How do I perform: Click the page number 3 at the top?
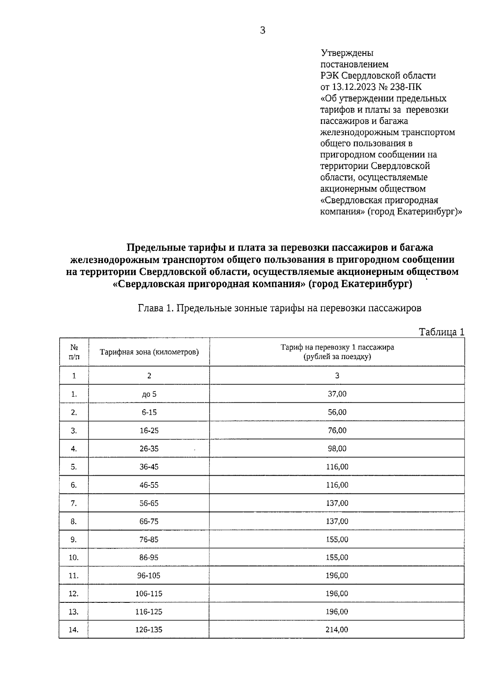tap(262, 30)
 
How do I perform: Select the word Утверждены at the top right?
tap(347, 53)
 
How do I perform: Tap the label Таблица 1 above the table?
tap(441, 332)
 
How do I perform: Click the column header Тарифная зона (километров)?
tap(149, 352)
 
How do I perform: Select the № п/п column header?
tap(74, 352)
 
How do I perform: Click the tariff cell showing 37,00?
tap(337, 393)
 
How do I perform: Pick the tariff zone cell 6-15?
tap(149, 412)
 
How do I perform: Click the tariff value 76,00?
tap(337, 430)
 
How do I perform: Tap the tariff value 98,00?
tap(337, 448)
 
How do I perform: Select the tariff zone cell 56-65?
tap(149, 503)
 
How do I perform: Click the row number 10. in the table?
tap(74, 557)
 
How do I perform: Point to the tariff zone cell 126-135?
tap(149, 630)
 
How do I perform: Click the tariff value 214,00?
tap(337, 630)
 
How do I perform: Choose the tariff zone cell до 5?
tap(149, 394)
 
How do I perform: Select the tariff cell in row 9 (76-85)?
tap(337, 539)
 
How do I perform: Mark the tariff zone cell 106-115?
tap(149, 593)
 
